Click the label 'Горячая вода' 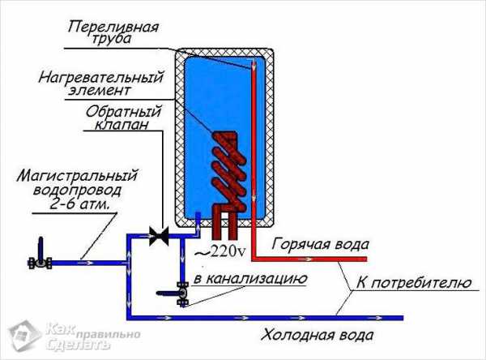(x=321, y=244)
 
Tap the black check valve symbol (x=159, y=235)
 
